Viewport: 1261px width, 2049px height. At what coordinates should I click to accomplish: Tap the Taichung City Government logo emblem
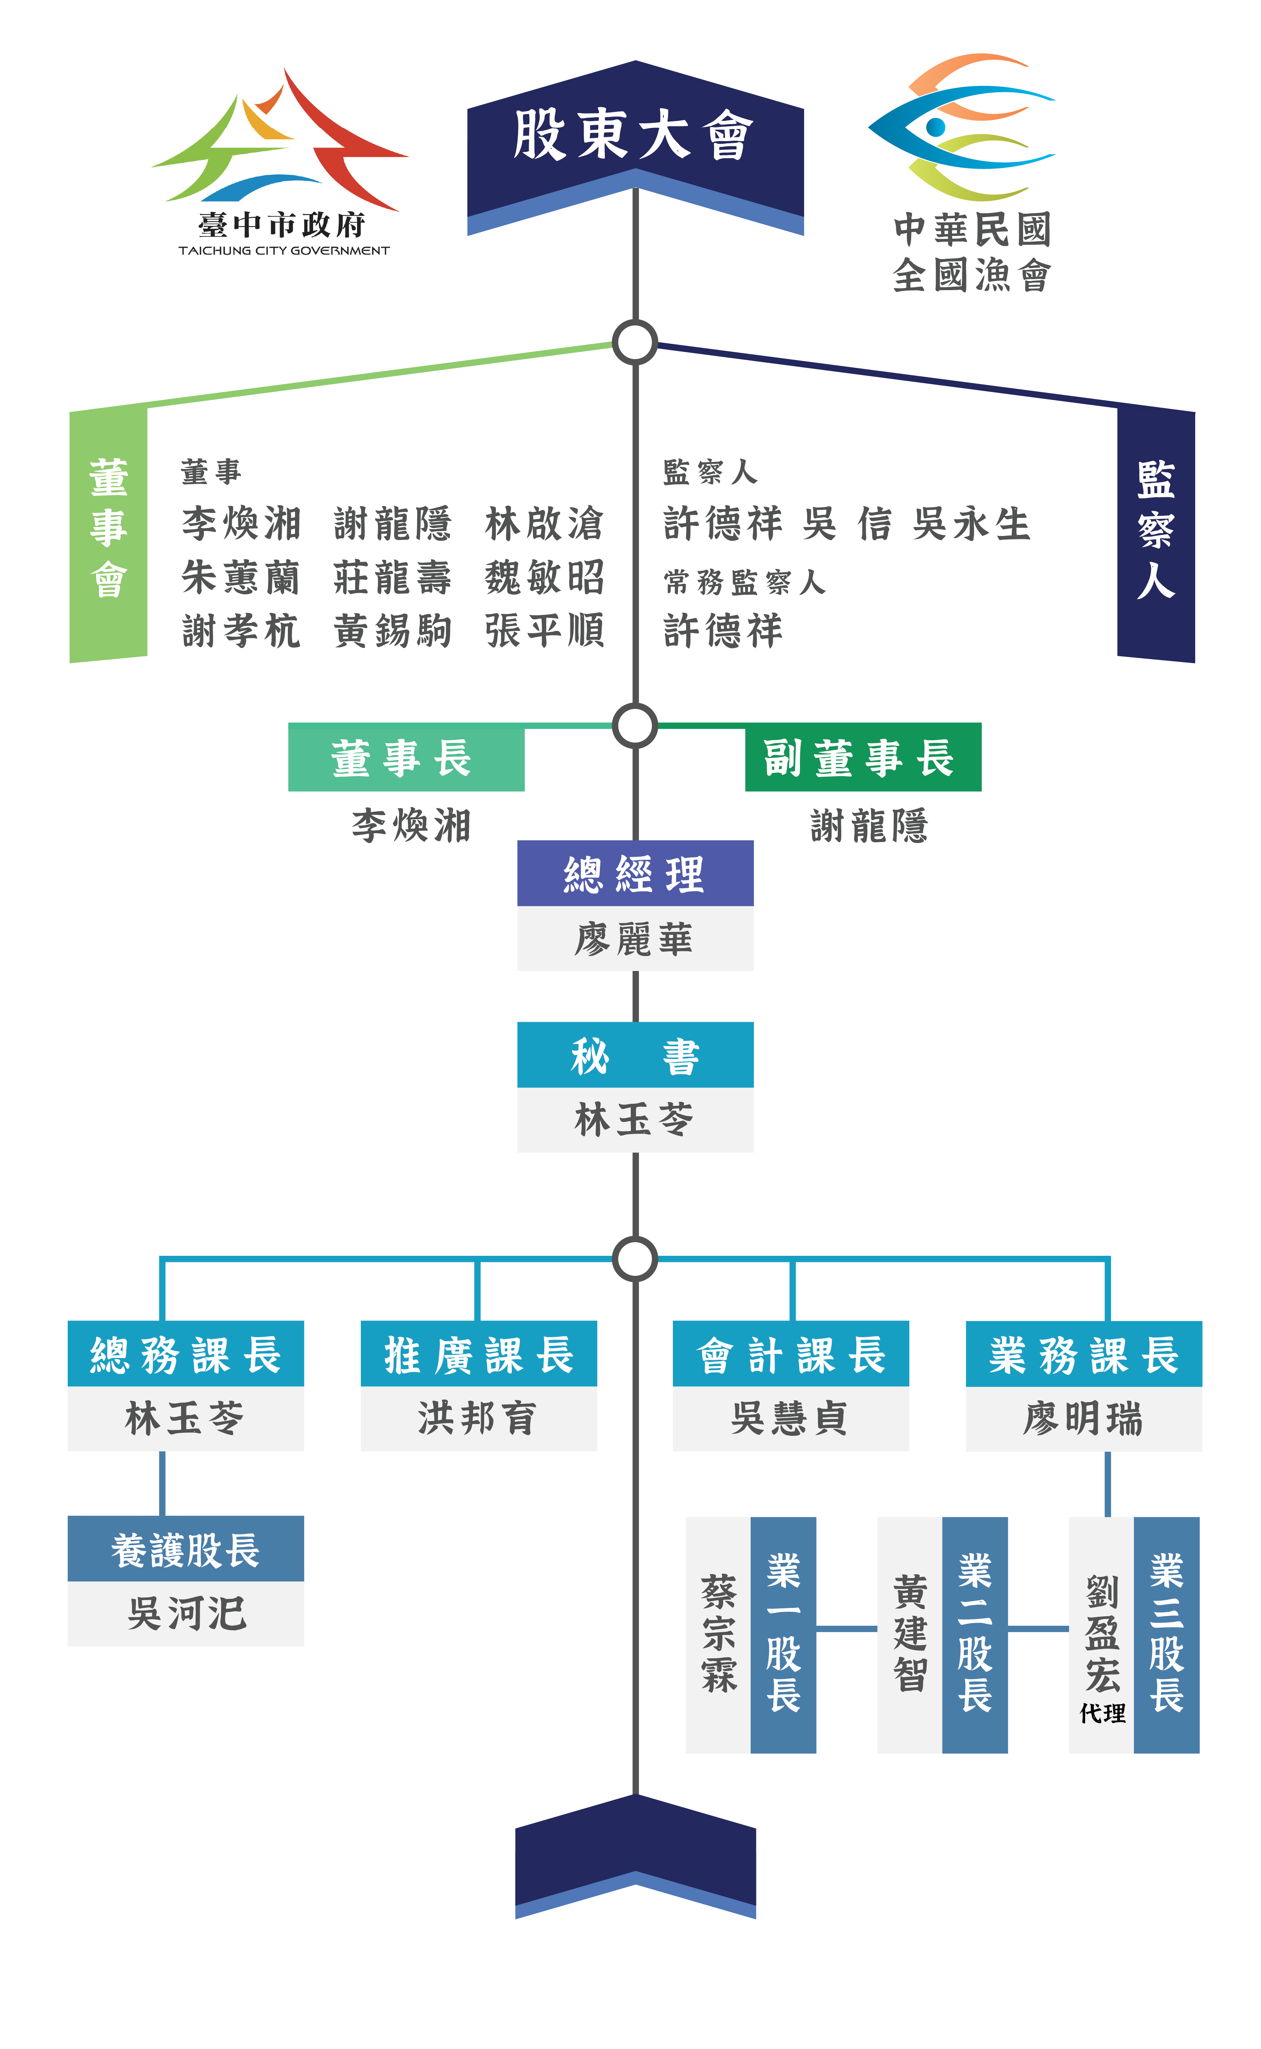(280, 142)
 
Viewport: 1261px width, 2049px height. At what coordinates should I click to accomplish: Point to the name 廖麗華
(635, 939)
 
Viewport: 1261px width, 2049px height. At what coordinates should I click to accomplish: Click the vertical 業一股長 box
(783, 1634)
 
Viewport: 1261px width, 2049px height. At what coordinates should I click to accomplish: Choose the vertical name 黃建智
(910, 1634)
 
